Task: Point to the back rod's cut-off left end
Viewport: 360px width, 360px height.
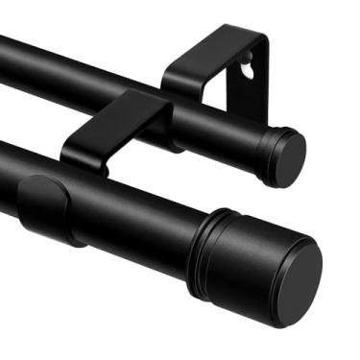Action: tap(5, 48)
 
